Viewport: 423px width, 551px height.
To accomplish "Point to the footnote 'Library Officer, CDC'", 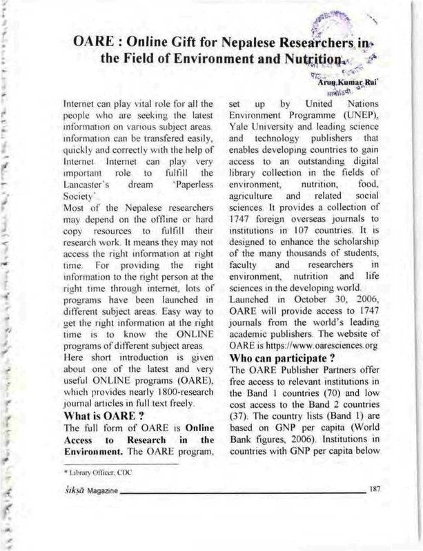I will click(x=95, y=475).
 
